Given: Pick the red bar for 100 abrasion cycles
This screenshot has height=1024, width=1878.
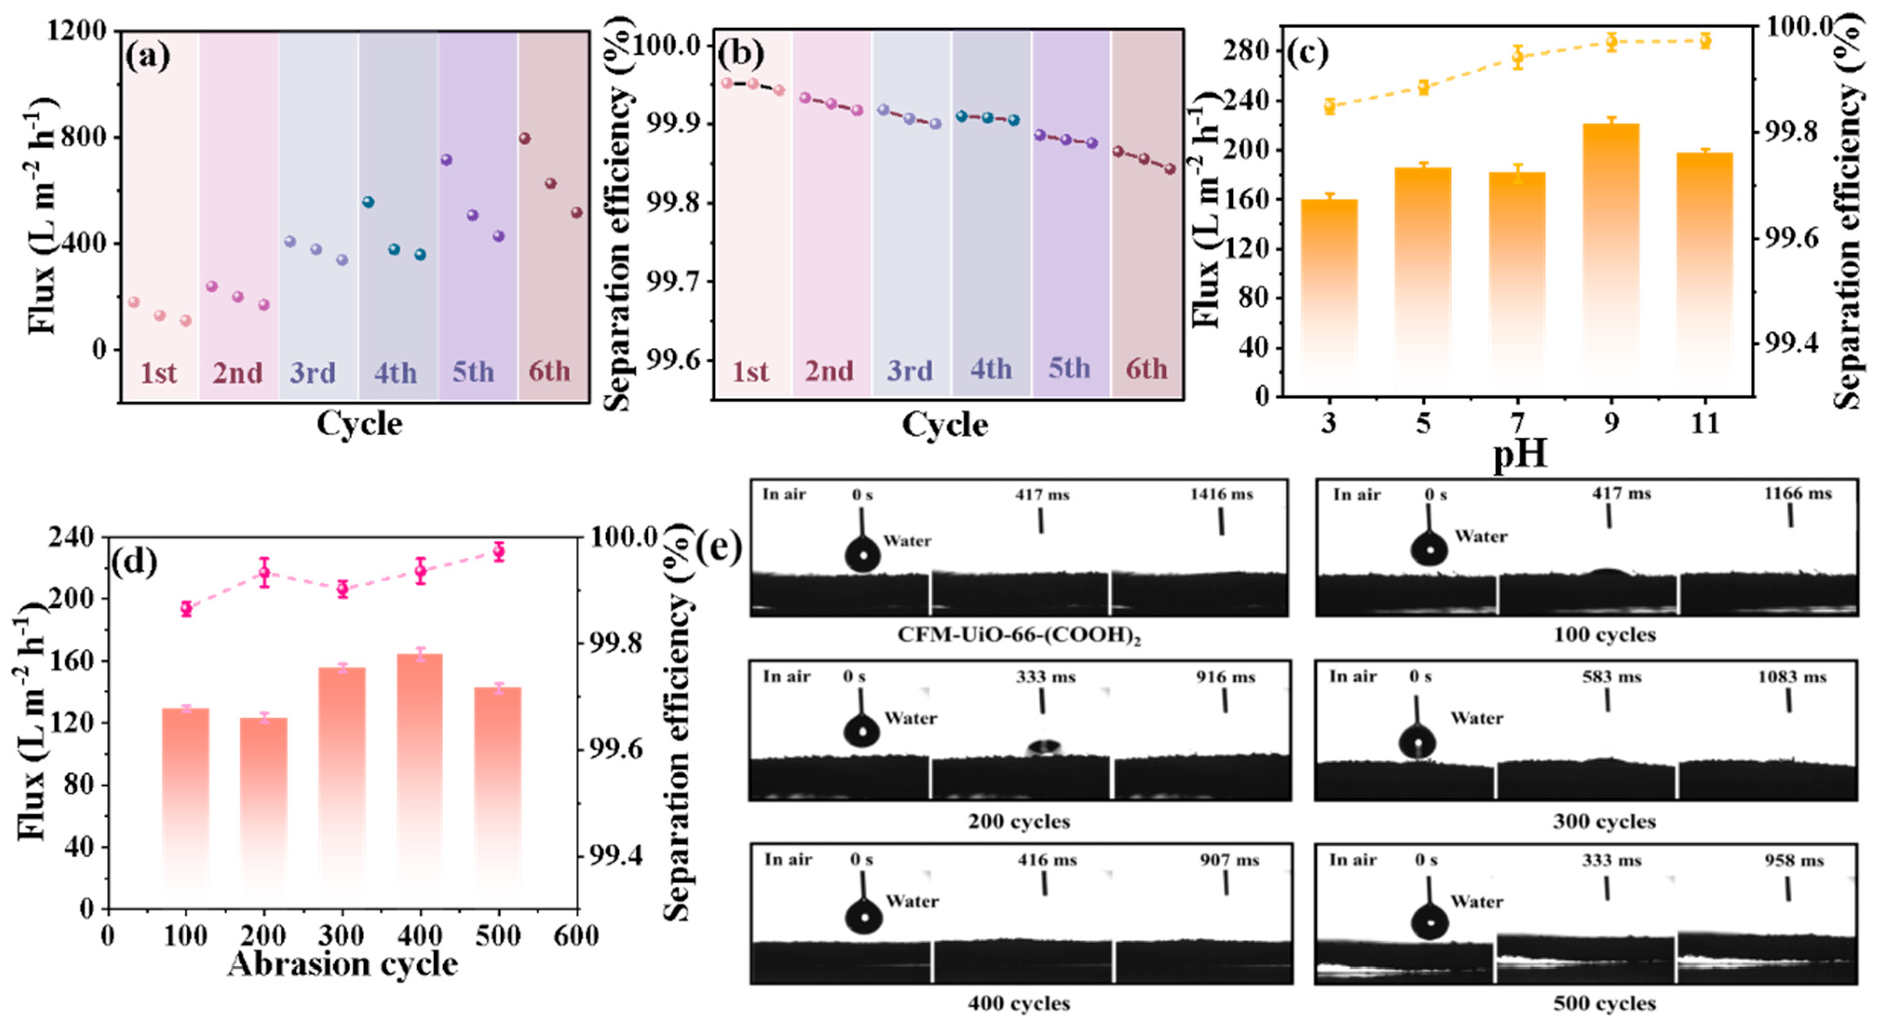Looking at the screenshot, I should (186, 802).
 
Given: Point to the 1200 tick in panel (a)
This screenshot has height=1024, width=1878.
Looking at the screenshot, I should (76, 31).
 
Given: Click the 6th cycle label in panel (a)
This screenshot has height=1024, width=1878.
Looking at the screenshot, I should (549, 372).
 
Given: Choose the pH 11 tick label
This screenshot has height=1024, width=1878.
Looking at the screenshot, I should (1704, 424).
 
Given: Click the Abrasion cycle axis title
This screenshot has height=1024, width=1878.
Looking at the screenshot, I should (343, 965).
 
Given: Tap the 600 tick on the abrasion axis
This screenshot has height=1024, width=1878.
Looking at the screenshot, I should (576, 936).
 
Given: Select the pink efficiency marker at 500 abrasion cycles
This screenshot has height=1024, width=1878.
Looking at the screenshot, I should (499, 552).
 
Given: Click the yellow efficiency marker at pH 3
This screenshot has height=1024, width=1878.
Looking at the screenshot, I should (1329, 107).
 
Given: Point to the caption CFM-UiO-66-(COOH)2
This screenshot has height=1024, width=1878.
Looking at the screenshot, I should (1018, 635).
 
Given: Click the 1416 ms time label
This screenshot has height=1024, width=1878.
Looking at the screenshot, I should (1221, 495).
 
